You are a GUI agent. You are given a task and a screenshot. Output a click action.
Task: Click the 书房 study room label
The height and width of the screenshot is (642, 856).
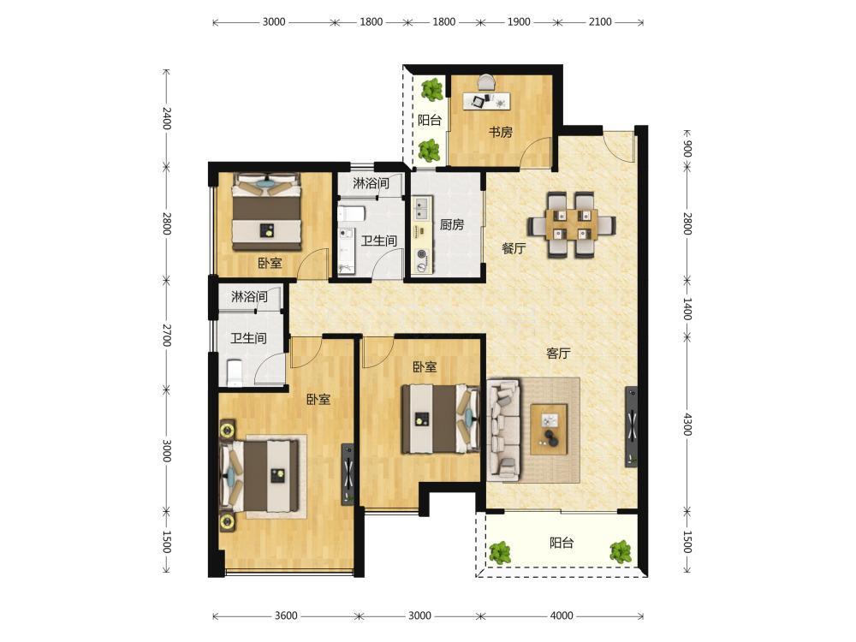click(x=500, y=132)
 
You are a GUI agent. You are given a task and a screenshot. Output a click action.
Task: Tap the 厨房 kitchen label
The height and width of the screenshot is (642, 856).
click(x=452, y=224)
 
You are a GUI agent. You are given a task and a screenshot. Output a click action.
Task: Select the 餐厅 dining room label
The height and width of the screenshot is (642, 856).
click(x=514, y=248)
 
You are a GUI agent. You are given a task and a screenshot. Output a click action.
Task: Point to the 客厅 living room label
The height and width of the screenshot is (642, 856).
click(x=558, y=354)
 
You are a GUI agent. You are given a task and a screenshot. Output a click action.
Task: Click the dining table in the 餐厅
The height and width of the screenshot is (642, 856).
click(x=572, y=223)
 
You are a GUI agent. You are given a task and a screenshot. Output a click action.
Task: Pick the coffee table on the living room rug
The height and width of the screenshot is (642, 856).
click(x=549, y=429)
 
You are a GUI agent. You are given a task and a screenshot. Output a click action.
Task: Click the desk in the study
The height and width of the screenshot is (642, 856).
click(x=487, y=100)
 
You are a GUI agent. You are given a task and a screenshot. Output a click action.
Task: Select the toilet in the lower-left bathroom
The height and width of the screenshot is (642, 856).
click(x=235, y=373)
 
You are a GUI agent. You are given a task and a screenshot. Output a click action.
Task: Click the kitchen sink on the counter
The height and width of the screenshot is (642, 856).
click(x=421, y=208)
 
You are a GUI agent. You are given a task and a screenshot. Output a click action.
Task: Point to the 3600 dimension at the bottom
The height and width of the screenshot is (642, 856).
click(x=286, y=615)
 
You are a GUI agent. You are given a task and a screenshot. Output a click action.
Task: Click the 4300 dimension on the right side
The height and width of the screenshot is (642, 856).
click(x=687, y=425)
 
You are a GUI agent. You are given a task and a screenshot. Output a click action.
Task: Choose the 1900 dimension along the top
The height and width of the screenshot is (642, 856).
click(x=519, y=22)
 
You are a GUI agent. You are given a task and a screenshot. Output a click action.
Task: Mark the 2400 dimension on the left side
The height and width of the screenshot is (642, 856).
click(x=167, y=118)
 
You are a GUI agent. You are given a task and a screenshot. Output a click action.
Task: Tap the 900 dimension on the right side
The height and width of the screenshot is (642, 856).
click(x=687, y=148)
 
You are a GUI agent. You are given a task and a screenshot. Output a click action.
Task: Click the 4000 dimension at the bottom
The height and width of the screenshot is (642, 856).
click(x=562, y=615)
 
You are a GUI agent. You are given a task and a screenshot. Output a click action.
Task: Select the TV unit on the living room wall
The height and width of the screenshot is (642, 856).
click(x=631, y=426)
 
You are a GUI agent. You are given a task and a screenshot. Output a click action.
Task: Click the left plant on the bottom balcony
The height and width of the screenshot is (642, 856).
click(x=500, y=552)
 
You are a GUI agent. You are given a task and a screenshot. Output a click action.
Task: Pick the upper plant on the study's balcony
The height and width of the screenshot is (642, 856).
click(x=432, y=90)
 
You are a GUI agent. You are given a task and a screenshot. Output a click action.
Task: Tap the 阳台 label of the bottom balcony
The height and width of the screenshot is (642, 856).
click(x=562, y=543)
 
